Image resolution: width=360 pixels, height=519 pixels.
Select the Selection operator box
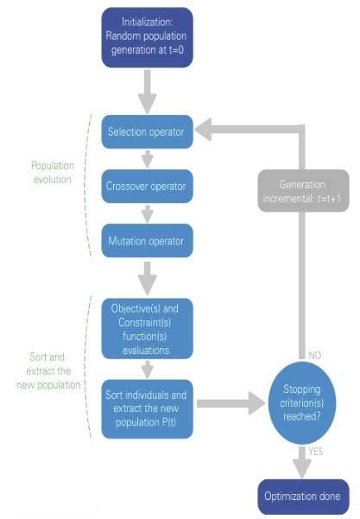pos(146,132)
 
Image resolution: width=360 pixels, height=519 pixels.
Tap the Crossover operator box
pos(146,186)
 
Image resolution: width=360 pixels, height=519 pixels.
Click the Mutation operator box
pos(146,238)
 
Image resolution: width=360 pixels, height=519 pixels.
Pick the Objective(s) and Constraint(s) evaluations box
pos(146,327)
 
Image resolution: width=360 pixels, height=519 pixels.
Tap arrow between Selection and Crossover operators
pos(146,159)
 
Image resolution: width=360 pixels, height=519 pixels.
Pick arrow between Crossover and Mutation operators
pos(146,212)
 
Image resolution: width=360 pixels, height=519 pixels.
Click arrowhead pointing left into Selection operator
pos(202,132)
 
